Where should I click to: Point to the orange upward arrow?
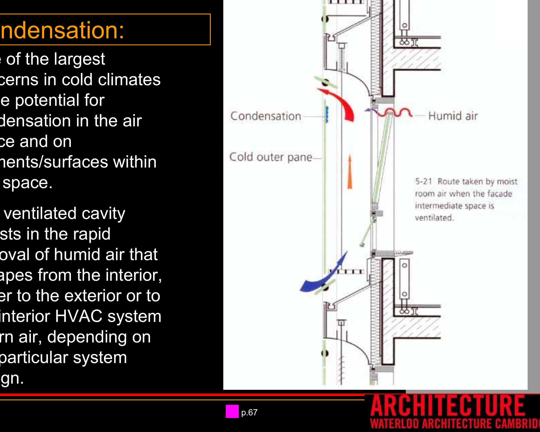pyautogui.click(x=350, y=172)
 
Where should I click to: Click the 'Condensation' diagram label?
pyautogui.click(x=266, y=116)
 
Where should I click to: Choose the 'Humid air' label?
pyautogui.click(x=453, y=116)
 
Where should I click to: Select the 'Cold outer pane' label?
pyautogui.click(x=271, y=157)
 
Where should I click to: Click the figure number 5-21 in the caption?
pyautogui.click(x=424, y=181)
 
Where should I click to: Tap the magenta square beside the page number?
pyautogui.click(x=232, y=411)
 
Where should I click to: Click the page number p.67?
pyautogui.click(x=249, y=412)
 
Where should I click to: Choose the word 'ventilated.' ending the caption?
pyautogui.click(x=434, y=218)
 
